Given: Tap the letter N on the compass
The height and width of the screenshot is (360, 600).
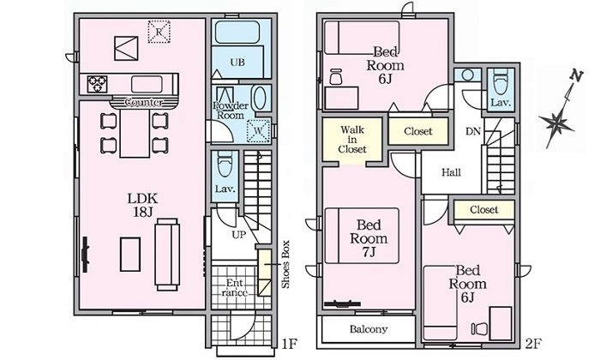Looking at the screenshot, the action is (576, 76).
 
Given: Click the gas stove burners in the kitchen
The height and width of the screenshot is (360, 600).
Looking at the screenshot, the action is (97, 84).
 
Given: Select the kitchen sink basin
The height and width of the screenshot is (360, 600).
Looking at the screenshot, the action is (147, 84).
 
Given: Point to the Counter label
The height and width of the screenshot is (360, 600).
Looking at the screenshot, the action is (143, 103).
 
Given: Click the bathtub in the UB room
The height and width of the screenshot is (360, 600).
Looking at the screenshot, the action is (237, 32).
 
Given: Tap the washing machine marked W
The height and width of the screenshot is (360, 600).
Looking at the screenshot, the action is (258, 131).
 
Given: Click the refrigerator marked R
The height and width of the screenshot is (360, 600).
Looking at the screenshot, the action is (159, 32).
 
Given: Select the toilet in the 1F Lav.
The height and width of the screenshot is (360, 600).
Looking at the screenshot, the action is (225, 164).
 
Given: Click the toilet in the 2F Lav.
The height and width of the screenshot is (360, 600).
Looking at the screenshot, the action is (501, 81).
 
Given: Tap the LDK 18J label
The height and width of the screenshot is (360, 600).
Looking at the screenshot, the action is (143, 205).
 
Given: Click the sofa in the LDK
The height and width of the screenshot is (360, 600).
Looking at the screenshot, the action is (167, 255).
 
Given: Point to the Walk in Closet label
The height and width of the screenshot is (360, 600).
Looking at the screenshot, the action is (352, 139).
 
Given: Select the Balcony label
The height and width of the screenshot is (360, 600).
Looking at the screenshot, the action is (369, 329).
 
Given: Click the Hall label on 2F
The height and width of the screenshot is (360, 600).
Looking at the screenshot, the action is (451, 172).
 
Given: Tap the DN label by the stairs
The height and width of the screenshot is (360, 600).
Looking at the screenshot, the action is (473, 132).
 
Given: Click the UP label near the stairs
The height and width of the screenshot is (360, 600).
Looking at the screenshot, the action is (239, 235).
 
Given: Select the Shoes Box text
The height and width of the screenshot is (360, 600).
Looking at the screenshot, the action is (285, 264).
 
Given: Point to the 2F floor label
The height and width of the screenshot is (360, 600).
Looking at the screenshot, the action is (533, 345).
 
